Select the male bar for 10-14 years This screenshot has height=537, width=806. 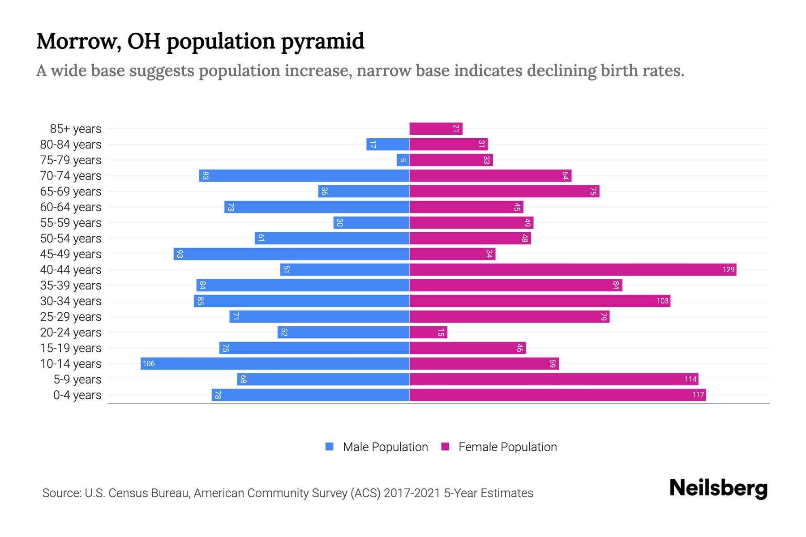point(275,363)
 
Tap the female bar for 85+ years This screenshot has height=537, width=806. point(436,128)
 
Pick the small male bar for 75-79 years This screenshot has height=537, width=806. point(403,160)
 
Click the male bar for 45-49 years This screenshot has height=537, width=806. point(292,254)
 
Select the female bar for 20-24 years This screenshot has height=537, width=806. point(428,332)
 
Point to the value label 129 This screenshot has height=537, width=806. point(728,269)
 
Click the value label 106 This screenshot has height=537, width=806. point(149,363)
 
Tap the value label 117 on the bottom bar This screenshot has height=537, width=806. point(698,395)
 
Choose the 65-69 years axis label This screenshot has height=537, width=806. point(71,191)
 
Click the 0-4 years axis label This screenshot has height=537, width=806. point(77,395)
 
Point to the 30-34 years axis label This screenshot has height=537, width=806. point(71,301)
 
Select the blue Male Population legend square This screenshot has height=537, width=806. point(330,447)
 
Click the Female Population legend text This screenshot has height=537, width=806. point(507,447)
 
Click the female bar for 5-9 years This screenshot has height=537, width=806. point(553,379)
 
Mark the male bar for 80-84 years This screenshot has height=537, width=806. point(388,144)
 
